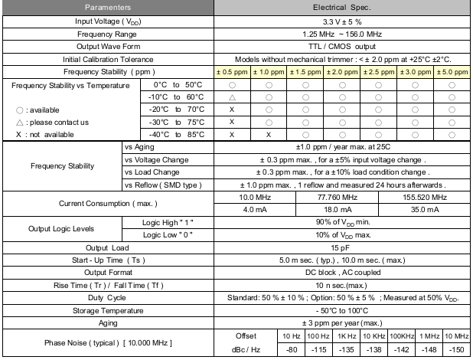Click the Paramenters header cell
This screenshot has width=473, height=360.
point(107,8)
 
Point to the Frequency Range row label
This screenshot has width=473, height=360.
point(107,34)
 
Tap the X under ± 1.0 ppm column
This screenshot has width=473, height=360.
point(269,134)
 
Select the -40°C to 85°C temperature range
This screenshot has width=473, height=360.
point(178,134)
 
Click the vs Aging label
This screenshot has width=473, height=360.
point(139,146)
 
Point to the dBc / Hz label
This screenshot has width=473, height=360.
point(245,349)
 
